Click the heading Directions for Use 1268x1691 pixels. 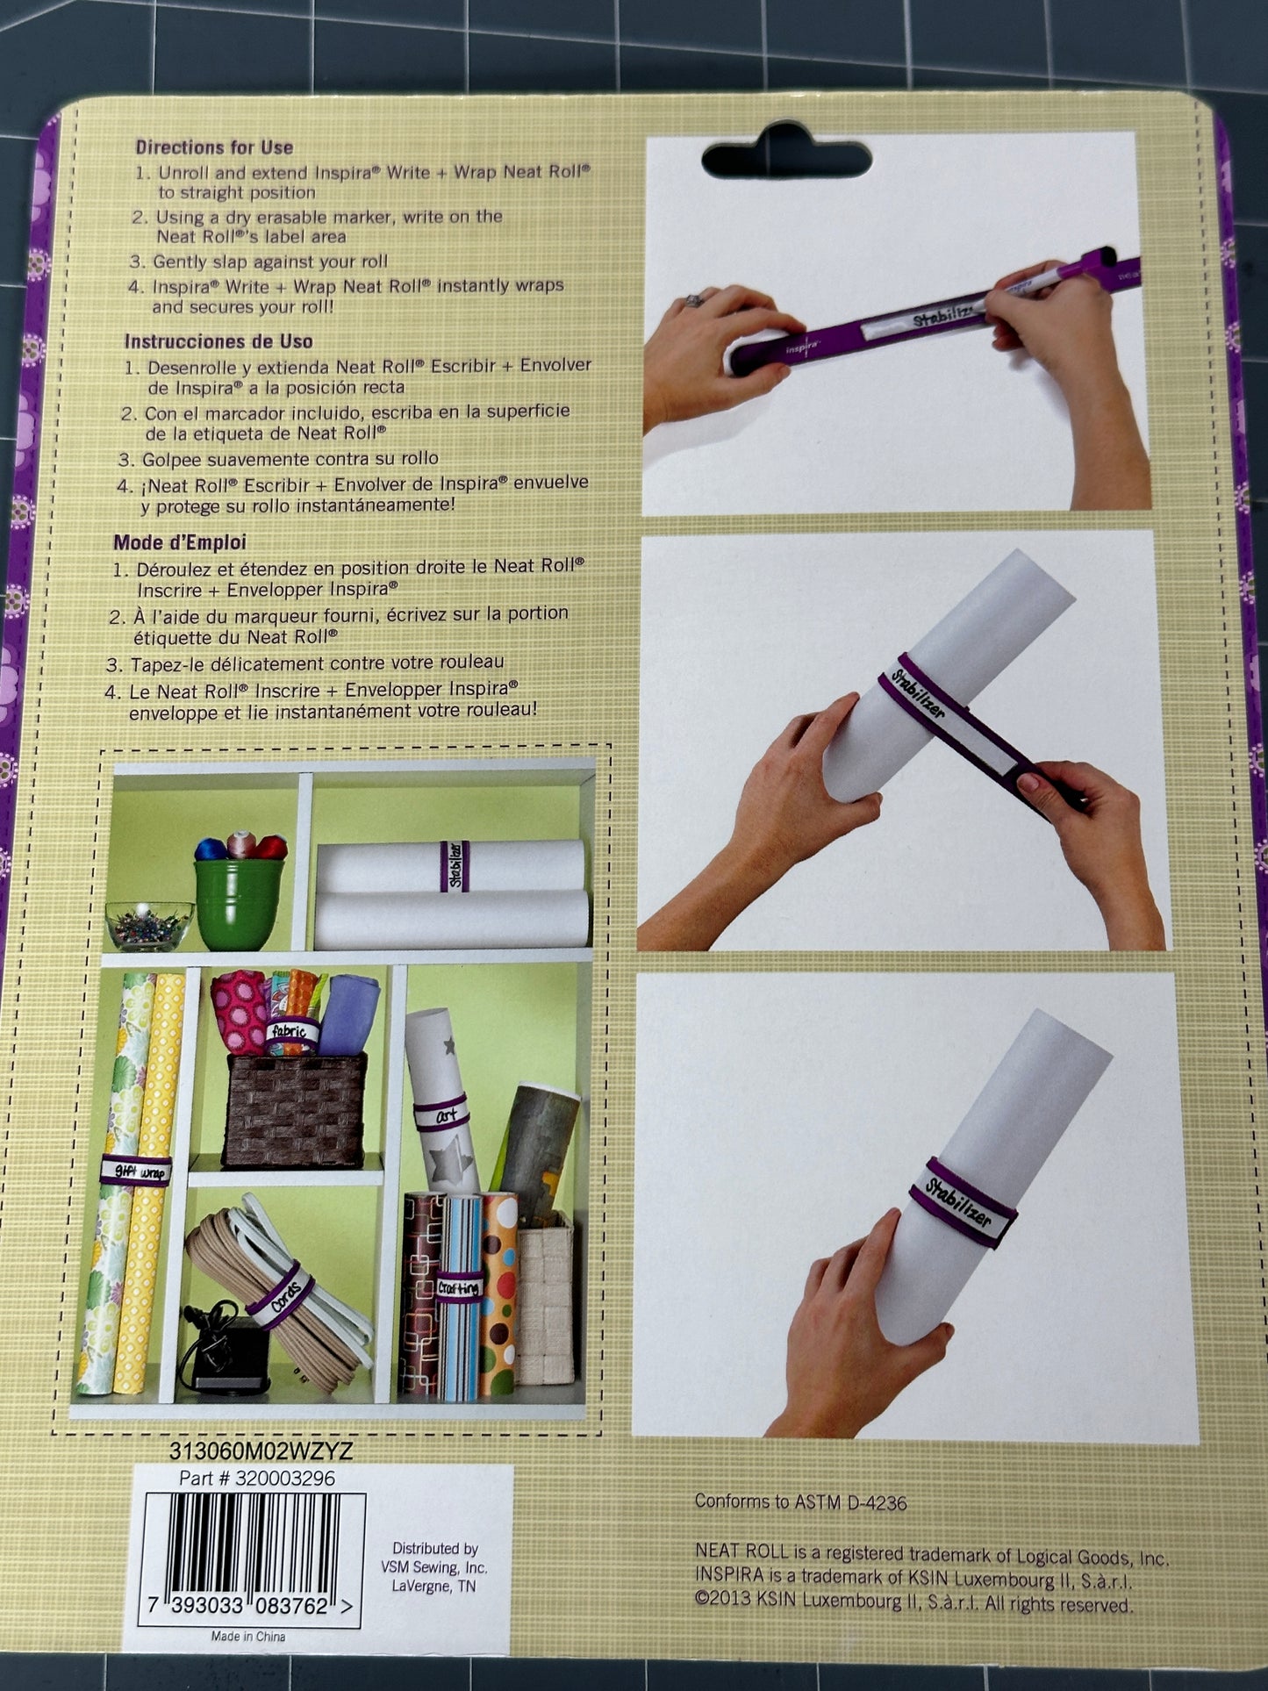pyautogui.click(x=214, y=147)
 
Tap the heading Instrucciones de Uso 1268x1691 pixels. pyautogui.click(x=218, y=341)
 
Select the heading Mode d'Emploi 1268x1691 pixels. pyautogui.click(x=180, y=542)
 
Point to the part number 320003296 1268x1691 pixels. pyautogui.click(x=257, y=1479)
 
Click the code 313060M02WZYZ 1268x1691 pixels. pyautogui.click(x=261, y=1451)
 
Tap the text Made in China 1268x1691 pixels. pyautogui.click(x=248, y=1636)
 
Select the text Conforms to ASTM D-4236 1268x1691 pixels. pyautogui.click(x=800, y=1501)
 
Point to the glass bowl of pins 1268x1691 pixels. pyautogui.click(x=149, y=926)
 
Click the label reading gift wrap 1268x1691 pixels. pyautogui.click(x=136, y=1171)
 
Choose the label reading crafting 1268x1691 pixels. pyautogui.click(x=459, y=1287)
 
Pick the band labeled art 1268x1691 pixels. pyautogui.click(x=441, y=1114)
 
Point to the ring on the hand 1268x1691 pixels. pyautogui.click(x=694, y=300)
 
